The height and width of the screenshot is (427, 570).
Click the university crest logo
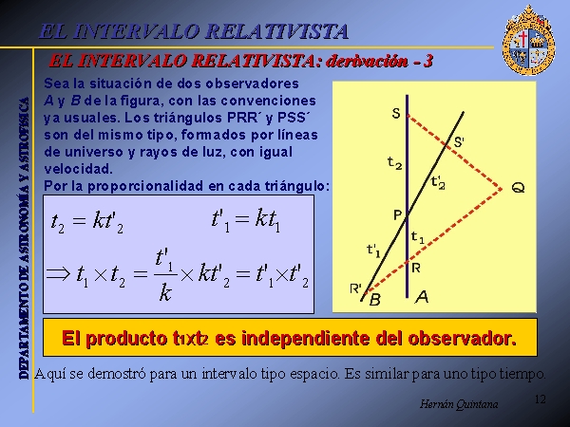(x=528, y=40)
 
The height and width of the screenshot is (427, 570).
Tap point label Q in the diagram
(x=518, y=188)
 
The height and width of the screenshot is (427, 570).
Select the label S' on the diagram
(x=459, y=141)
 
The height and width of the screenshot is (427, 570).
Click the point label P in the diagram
(x=397, y=215)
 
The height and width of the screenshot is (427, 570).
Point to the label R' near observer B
(x=355, y=288)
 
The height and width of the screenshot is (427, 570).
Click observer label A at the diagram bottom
(x=422, y=297)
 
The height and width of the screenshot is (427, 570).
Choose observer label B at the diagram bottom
(x=375, y=300)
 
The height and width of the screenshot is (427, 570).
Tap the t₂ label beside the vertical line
(x=394, y=162)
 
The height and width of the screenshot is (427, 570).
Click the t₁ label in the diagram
(x=417, y=238)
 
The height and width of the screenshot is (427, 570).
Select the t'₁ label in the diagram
(x=373, y=251)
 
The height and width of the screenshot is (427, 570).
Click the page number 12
(x=541, y=399)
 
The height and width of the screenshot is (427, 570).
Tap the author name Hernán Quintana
(x=459, y=404)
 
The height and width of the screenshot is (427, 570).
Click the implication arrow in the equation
(x=58, y=273)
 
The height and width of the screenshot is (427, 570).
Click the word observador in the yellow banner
(x=462, y=338)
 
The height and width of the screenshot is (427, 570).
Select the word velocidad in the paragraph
(x=79, y=169)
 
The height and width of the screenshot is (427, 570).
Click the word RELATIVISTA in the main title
(x=277, y=31)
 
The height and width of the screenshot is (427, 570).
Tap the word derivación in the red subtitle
(x=367, y=61)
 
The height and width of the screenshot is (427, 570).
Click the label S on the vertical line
(x=396, y=114)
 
